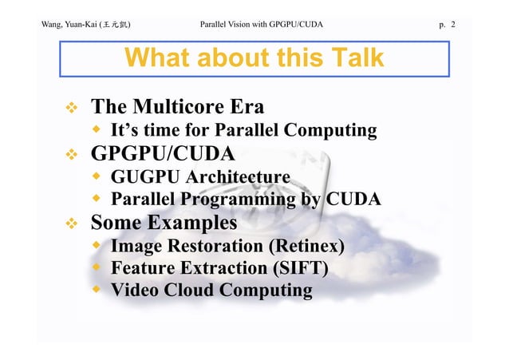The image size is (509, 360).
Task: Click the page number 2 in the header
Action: coord(453,25)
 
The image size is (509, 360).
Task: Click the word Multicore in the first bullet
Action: coord(180,107)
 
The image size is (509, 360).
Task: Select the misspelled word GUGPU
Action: coord(144,176)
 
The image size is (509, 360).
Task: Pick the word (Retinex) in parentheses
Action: coord(306,244)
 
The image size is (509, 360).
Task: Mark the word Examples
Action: coord(191,221)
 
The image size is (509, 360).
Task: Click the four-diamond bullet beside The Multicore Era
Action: coord(71,108)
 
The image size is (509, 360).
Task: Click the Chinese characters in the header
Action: coord(114,25)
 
